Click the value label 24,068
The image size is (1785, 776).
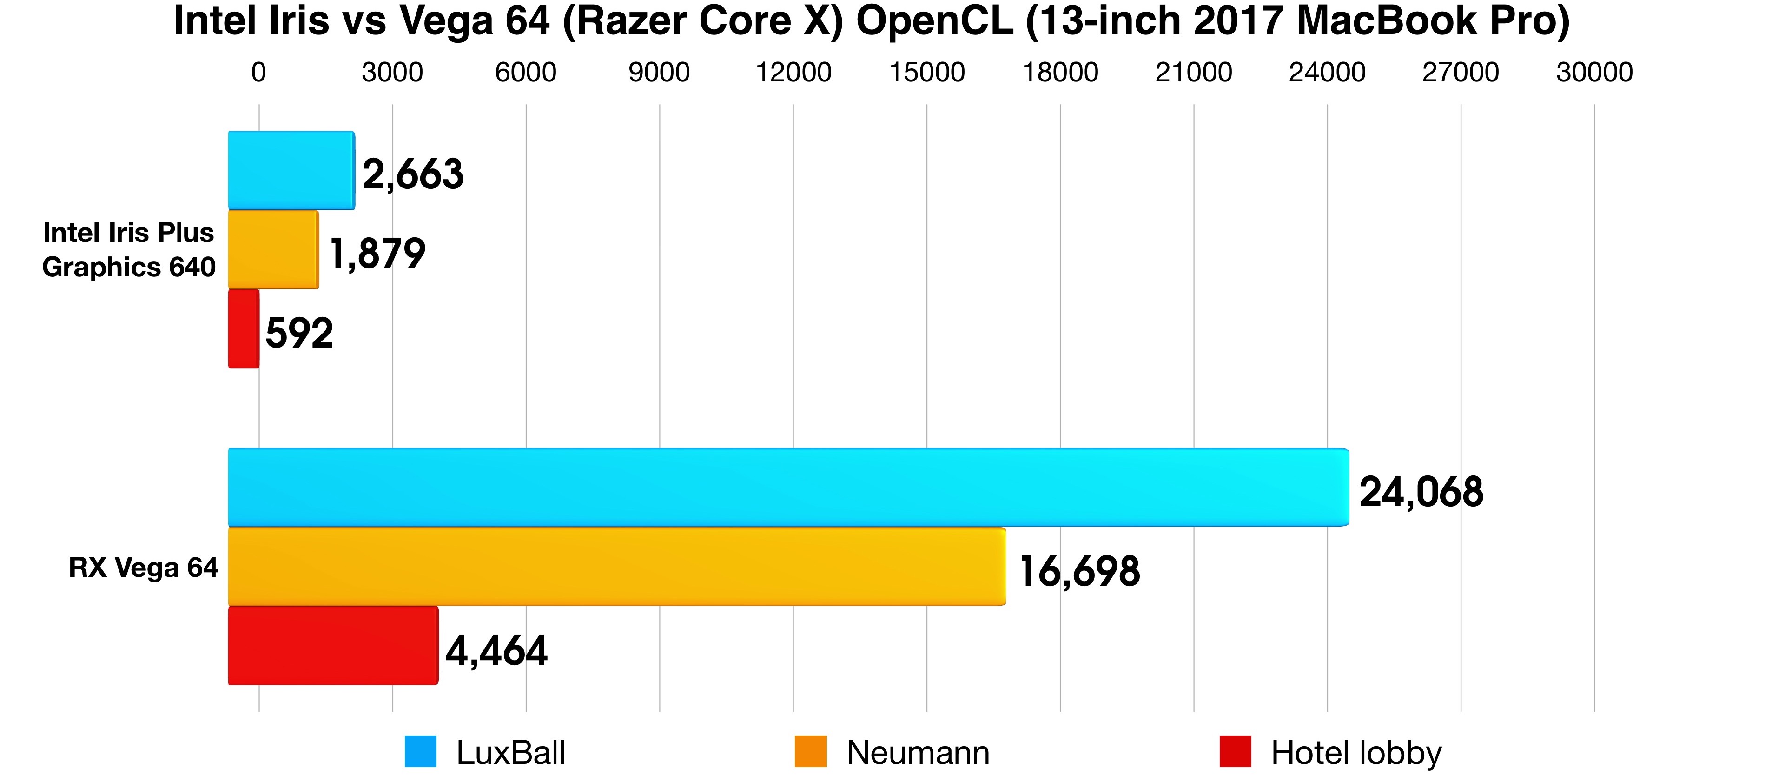(x=1421, y=492)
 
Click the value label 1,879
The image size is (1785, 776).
(x=377, y=254)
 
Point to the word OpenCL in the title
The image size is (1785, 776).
(x=935, y=21)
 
